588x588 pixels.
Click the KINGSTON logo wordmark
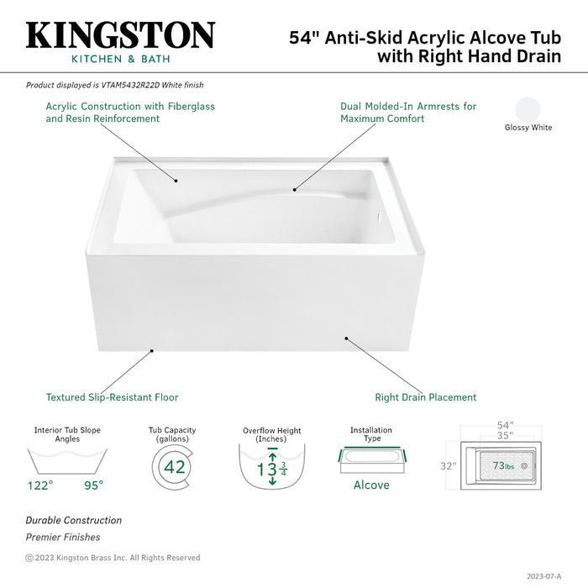tap(120, 35)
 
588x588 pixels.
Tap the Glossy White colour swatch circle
tap(528, 110)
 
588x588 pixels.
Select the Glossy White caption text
tap(528, 128)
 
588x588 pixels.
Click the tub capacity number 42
tap(175, 467)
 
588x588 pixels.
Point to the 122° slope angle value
tap(39, 485)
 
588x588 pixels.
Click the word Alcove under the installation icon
tap(370, 485)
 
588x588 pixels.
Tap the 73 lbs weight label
tap(504, 465)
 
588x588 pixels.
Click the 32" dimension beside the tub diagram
tap(449, 465)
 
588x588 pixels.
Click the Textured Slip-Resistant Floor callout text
tap(112, 397)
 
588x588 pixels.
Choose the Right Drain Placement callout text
tap(425, 397)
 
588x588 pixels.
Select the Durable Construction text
tap(73, 521)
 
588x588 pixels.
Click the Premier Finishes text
tap(62, 538)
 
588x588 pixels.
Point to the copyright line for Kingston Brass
tap(113, 558)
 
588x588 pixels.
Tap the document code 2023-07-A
tap(543, 576)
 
